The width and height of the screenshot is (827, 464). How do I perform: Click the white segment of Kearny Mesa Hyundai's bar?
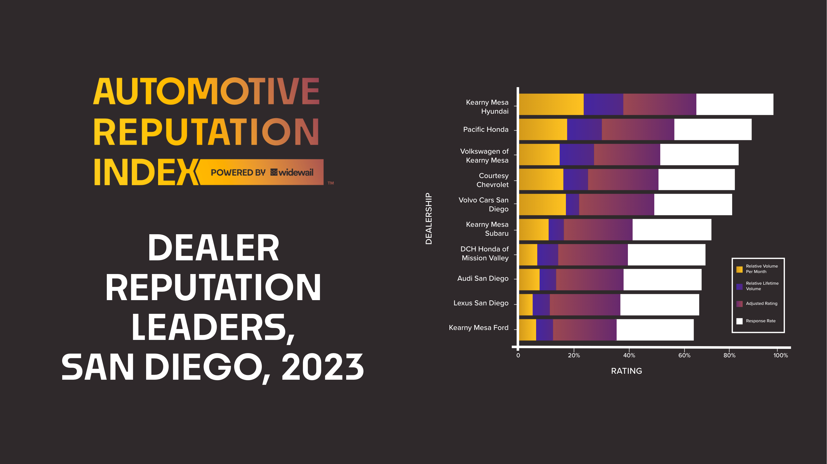click(x=734, y=104)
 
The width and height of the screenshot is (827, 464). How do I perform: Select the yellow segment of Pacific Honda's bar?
click(x=543, y=129)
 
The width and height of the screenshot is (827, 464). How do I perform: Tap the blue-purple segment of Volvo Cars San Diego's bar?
click(x=572, y=204)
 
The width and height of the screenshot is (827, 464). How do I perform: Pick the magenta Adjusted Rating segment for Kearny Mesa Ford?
click(x=584, y=330)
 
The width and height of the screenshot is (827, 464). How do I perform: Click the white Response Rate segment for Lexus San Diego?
click(x=660, y=305)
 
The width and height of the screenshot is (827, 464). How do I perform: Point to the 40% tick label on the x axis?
click(x=629, y=355)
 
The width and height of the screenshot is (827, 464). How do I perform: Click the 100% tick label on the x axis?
click(x=780, y=355)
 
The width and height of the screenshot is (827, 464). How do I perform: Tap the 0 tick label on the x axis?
click(x=518, y=355)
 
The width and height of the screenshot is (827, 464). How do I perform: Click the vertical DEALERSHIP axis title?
click(x=429, y=218)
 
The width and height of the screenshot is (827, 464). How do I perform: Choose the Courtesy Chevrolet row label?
click(x=493, y=180)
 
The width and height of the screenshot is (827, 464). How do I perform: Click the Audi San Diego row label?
click(x=483, y=278)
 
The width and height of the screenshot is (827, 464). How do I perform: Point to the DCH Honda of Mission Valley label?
click(x=485, y=253)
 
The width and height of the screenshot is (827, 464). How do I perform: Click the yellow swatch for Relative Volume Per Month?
click(x=739, y=269)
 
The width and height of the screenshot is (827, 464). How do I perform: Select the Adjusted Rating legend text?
click(x=762, y=303)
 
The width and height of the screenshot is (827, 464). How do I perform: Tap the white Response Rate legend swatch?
click(x=739, y=321)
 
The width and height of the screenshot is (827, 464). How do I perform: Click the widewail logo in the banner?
click(x=292, y=173)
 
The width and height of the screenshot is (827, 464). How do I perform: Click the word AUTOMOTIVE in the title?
click(x=206, y=92)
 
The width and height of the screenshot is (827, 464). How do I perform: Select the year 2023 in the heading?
click(x=322, y=368)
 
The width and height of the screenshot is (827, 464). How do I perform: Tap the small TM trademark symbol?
click(x=331, y=183)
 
